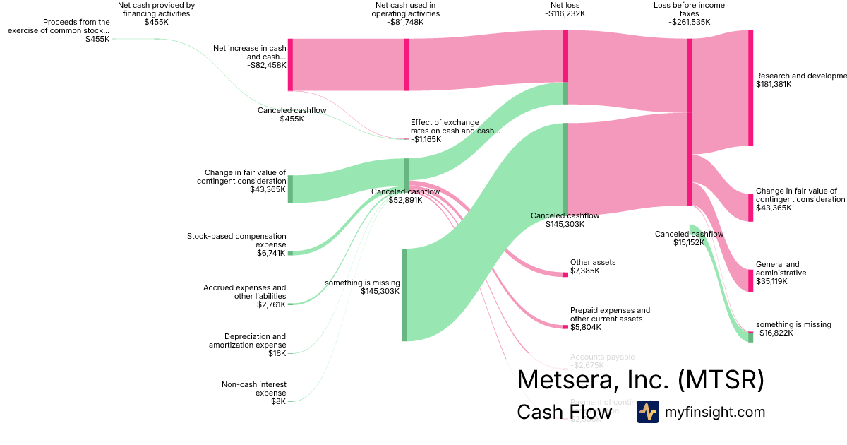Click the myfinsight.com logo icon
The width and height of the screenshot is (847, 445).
click(x=647, y=412)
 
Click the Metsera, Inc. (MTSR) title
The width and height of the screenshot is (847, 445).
click(x=640, y=379)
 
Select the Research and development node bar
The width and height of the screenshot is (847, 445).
click(x=750, y=88)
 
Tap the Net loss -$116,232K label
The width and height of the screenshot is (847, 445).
click(x=565, y=8)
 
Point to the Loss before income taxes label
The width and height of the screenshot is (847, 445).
click(x=689, y=13)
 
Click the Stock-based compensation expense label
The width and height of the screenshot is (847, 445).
click(x=236, y=240)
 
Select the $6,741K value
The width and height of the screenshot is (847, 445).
click(x=271, y=253)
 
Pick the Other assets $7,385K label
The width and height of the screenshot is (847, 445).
click(x=593, y=266)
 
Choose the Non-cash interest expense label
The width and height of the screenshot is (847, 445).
click(x=253, y=388)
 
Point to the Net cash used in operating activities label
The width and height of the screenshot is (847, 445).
click(x=406, y=13)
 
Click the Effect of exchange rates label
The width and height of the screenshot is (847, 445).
click(x=455, y=126)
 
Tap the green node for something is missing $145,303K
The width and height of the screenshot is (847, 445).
click(x=404, y=295)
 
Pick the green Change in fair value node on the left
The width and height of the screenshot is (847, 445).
click(x=290, y=189)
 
